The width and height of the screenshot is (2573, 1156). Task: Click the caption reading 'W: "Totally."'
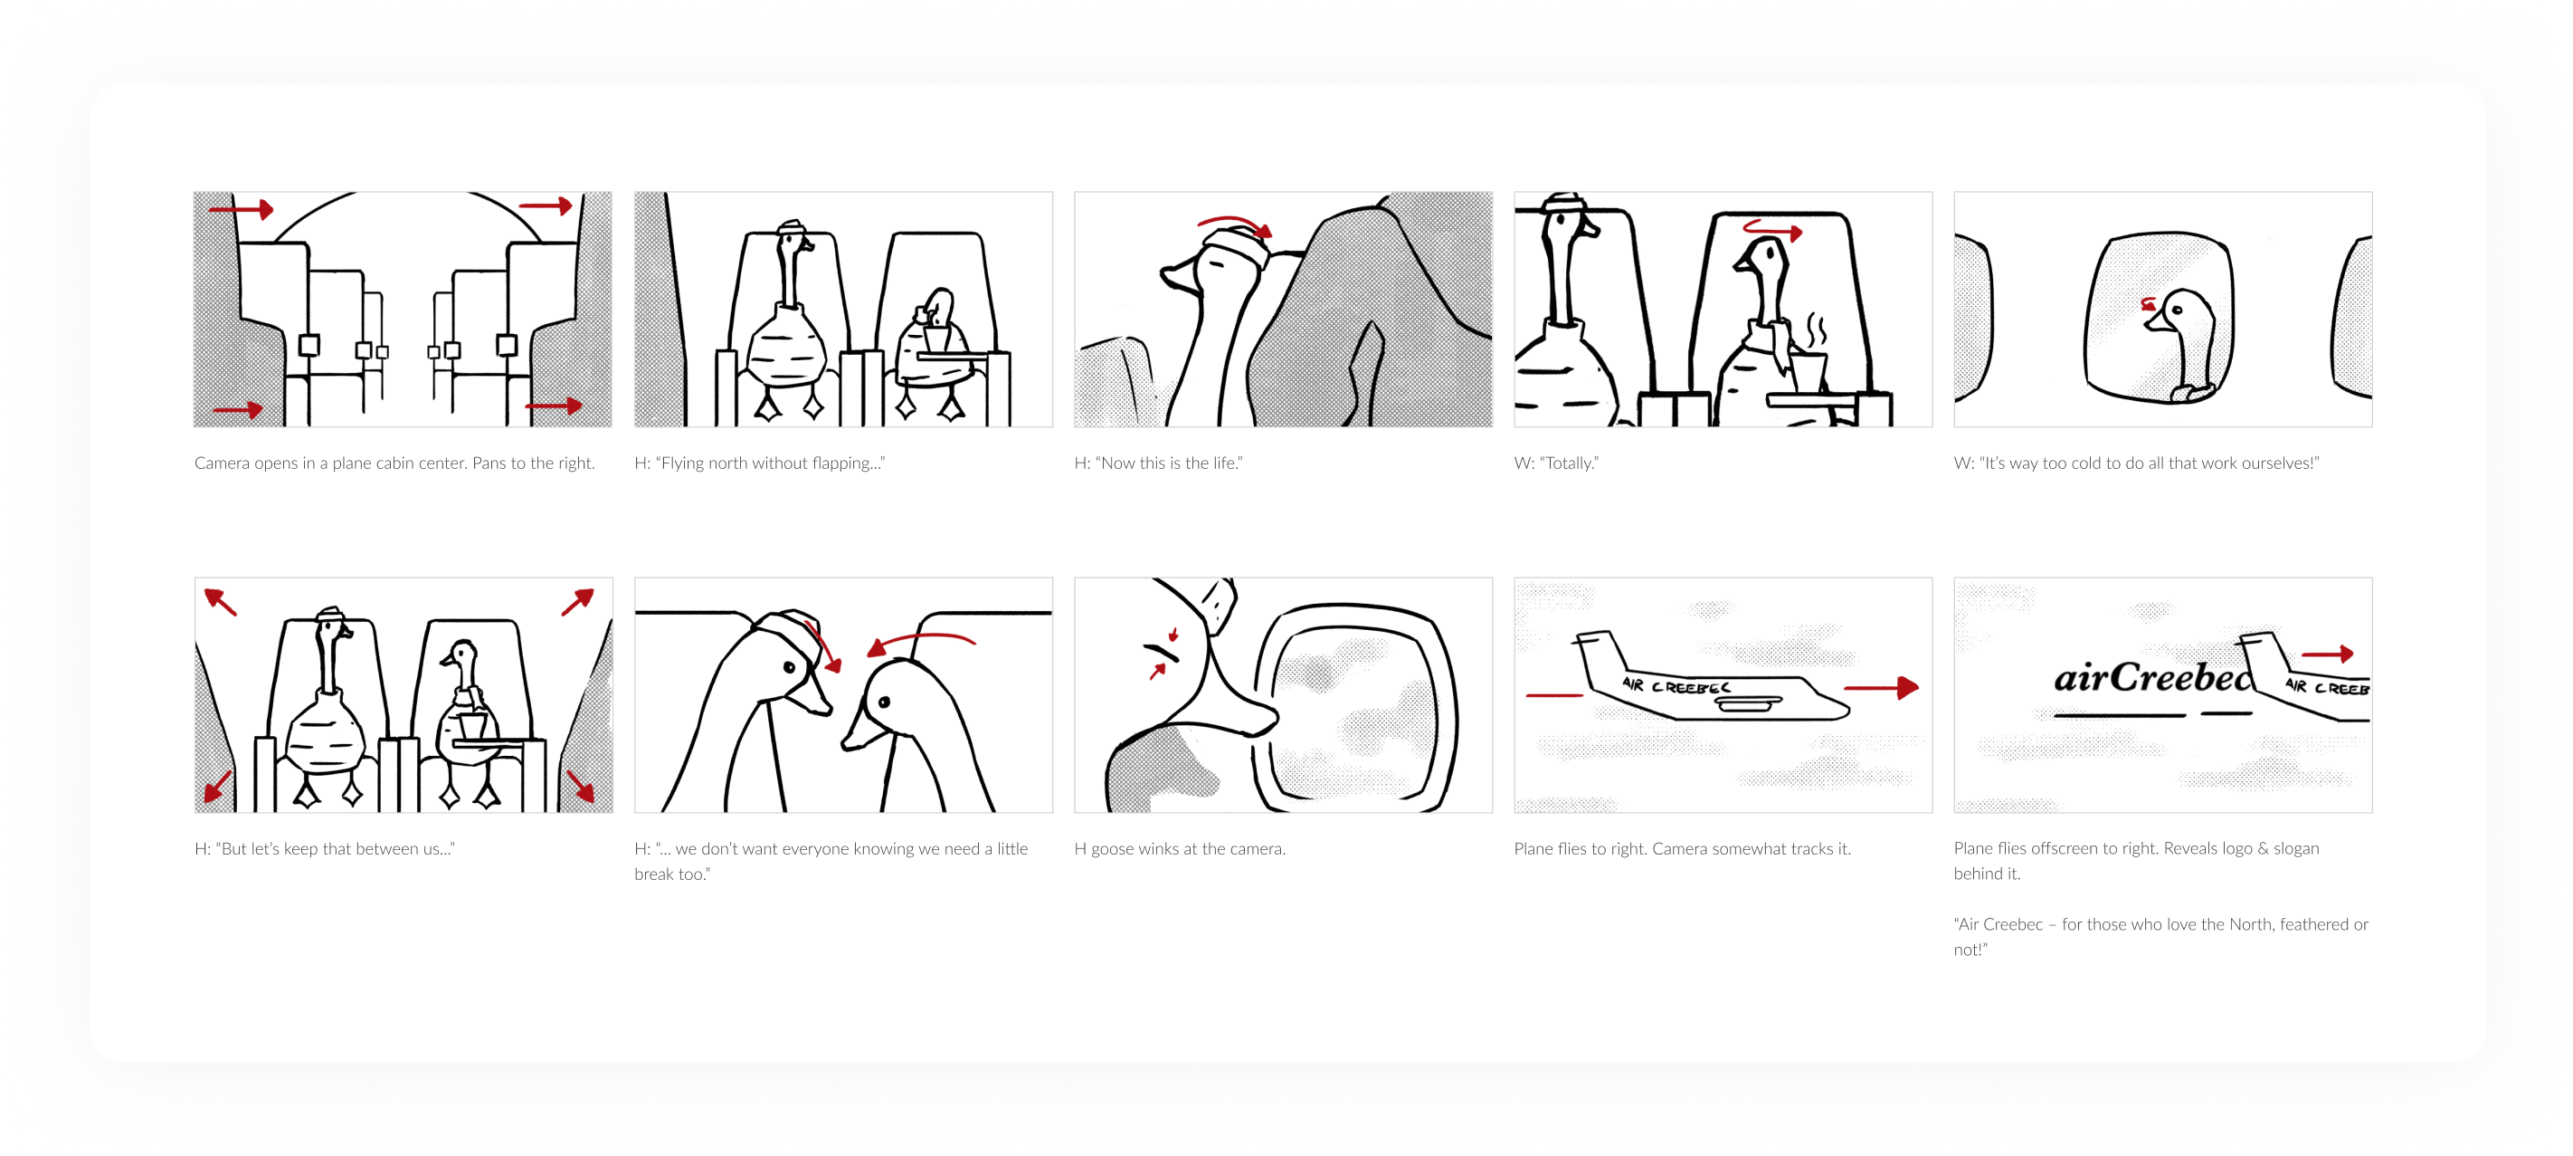[1556, 463]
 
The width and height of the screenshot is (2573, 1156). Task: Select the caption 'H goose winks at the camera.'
[1180, 848]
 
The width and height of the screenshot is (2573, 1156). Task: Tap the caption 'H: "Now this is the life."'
[1159, 463]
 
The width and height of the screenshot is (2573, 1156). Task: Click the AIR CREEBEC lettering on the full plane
[1676, 686]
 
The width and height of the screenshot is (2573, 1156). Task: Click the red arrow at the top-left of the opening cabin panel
[241, 209]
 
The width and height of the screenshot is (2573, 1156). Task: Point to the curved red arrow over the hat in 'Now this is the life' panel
[1236, 224]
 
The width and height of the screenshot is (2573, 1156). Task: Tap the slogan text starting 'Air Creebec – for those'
[2160, 936]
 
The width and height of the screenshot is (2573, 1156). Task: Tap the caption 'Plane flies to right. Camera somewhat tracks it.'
[1682, 848]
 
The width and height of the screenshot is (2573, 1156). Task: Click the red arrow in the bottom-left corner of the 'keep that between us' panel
[218, 787]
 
